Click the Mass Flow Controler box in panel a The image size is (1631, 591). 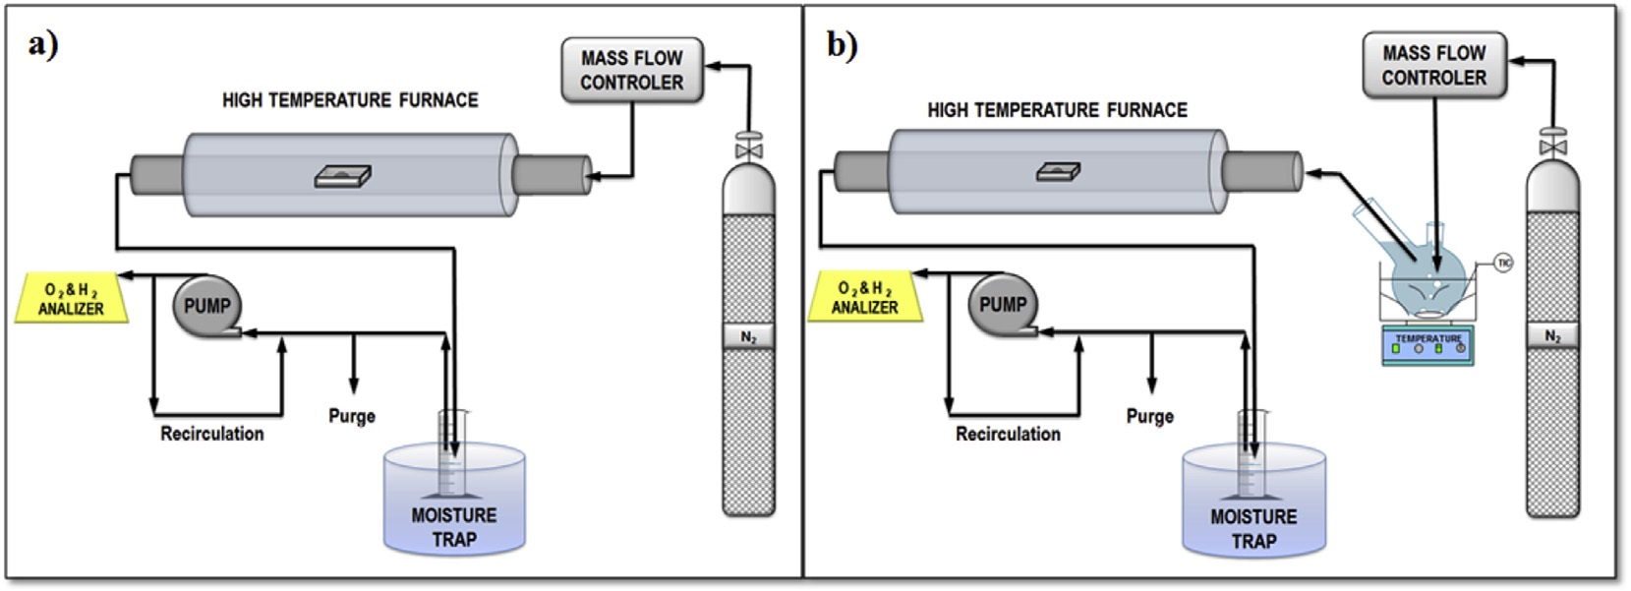pos(631,70)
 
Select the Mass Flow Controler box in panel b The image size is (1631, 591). pos(1433,65)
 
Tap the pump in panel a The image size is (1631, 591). pos(206,306)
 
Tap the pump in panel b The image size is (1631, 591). pos(1002,305)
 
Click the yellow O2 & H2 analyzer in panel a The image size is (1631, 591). pos(71,299)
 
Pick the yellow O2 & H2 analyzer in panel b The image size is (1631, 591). pos(865,298)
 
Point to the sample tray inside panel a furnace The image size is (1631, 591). pos(343,177)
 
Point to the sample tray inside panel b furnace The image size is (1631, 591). pos(1059,172)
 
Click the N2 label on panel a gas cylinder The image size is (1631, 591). pos(748,337)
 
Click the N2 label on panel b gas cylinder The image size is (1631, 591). pos(1552,336)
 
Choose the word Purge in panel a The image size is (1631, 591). pos(352,416)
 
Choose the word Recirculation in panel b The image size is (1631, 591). pos(1008,434)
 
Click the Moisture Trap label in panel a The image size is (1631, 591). pos(453,527)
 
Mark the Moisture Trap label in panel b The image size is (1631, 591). pos(1253,529)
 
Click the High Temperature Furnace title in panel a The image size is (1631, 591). pos(350,100)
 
